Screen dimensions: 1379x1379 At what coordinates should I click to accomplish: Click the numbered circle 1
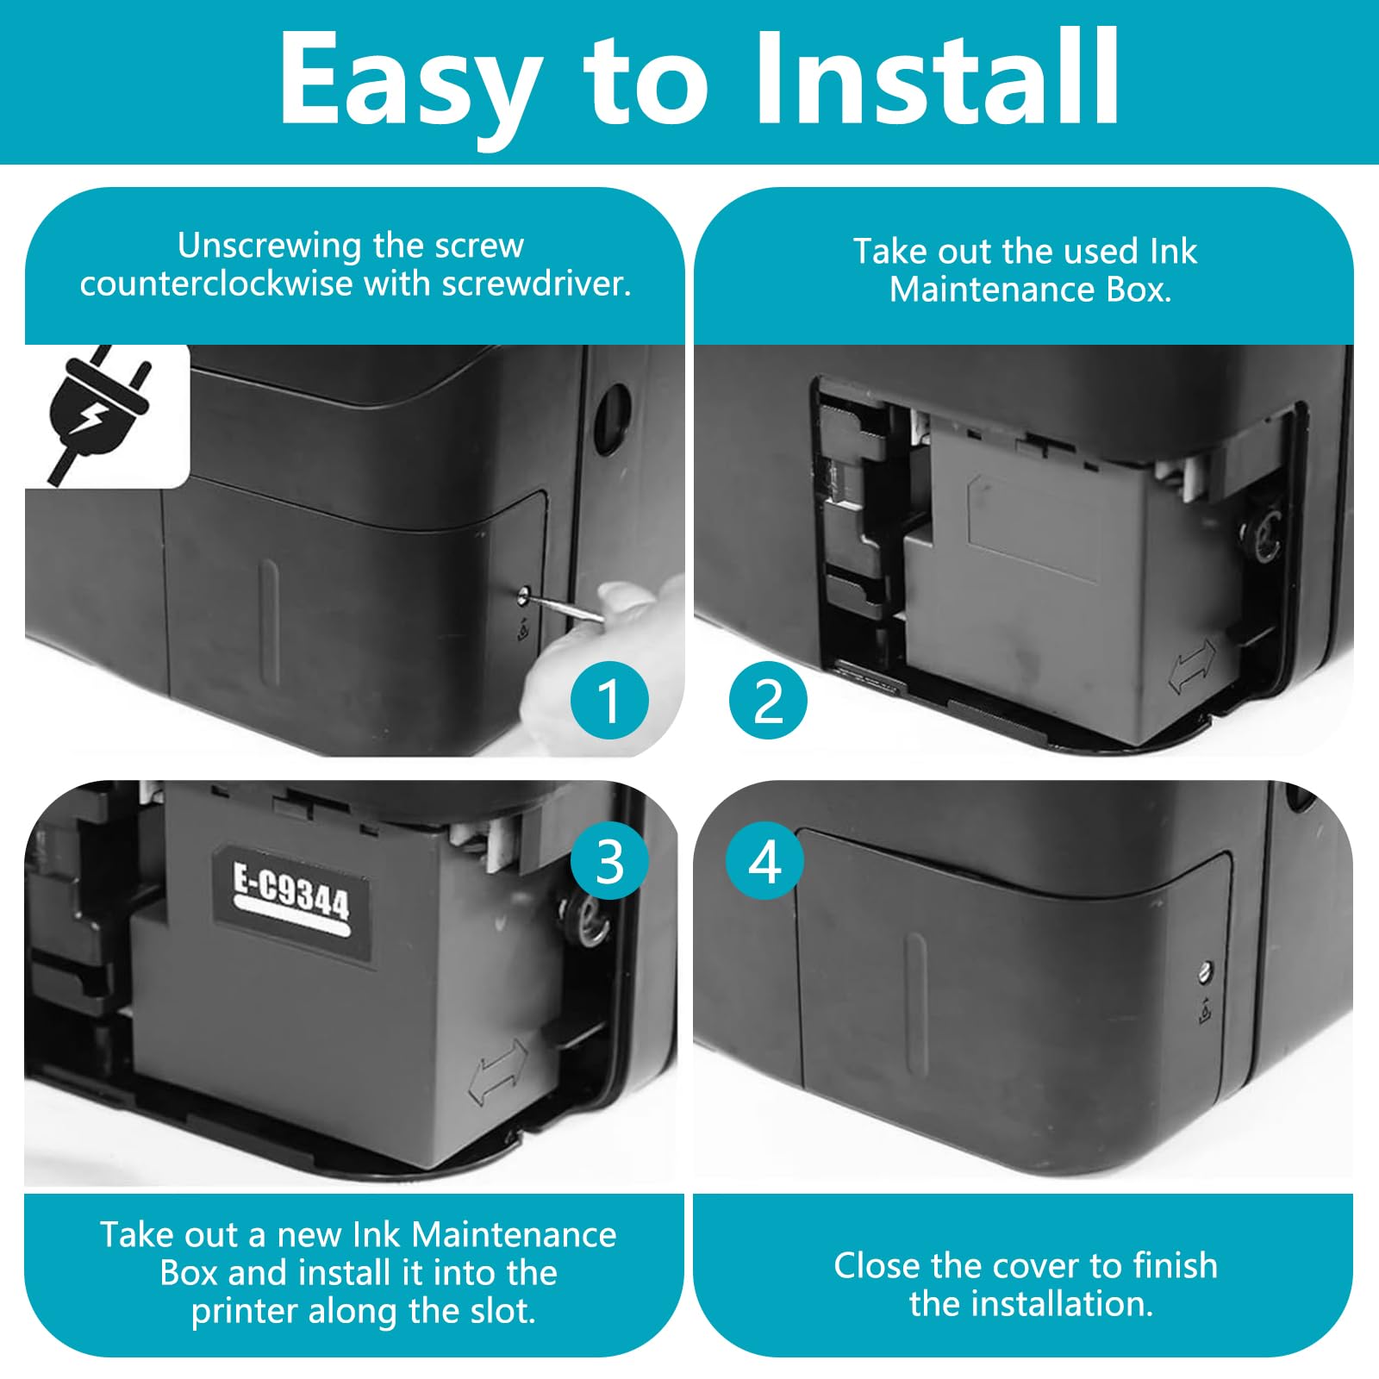coord(609,700)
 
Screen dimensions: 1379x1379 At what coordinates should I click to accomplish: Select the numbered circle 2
coord(768,700)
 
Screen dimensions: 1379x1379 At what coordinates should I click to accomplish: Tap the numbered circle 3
coord(609,860)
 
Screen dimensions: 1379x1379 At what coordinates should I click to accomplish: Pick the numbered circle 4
coord(764,860)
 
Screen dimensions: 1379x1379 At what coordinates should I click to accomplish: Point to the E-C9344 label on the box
coord(292,905)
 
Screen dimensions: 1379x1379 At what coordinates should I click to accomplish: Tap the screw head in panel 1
coord(524,593)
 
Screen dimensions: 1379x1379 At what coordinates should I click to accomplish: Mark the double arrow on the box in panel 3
coord(498,1070)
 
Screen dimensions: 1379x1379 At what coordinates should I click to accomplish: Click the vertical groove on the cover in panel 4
coord(916,1004)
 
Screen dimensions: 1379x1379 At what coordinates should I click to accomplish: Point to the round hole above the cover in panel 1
coord(613,419)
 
